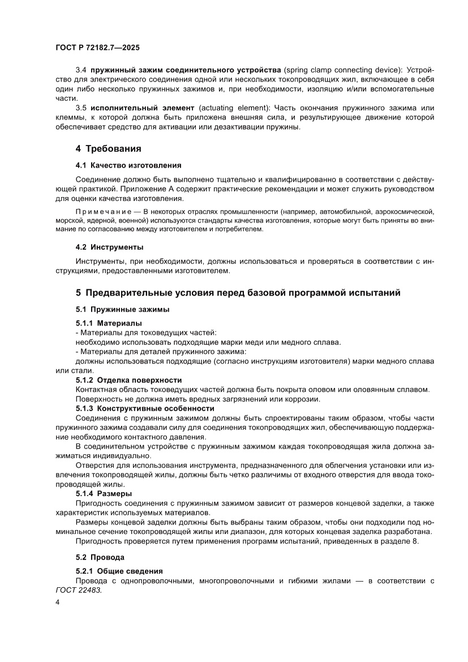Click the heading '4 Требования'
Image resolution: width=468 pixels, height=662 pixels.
click(x=108, y=149)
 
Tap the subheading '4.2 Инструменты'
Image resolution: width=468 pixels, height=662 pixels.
click(x=109, y=247)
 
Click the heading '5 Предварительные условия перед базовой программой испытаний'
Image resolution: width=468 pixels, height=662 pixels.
click(x=238, y=293)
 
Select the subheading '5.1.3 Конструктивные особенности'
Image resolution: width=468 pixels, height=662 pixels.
click(x=145, y=408)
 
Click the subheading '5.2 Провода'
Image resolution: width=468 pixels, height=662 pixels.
click(x=101, y=557)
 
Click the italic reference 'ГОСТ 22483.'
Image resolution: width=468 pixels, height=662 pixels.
click(x=79, y=590)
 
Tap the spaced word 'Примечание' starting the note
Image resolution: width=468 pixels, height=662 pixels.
click(x=100, y=211)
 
